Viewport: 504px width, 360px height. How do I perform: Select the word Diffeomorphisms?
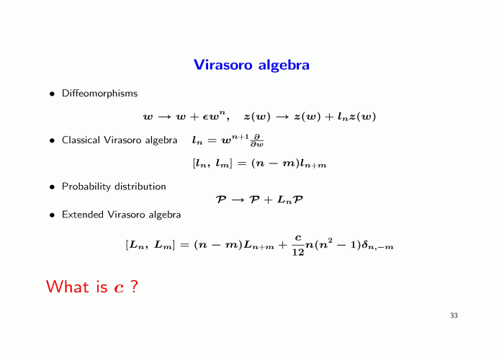[99, 93]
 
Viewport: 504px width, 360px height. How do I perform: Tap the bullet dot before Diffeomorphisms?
[52, 94]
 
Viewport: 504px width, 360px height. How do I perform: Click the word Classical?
[81, 140]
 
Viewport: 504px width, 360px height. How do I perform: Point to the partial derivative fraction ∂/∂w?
[257, 141]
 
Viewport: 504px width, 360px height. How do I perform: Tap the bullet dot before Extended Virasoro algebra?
[52, 215]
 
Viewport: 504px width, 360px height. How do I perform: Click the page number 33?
[454, 315]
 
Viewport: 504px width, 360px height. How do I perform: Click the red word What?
[68, 286]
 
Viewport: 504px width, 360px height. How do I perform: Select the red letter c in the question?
[119, 288]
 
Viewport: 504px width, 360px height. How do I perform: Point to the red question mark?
[135, 286]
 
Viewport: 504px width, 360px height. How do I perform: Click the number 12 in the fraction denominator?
[298, 252]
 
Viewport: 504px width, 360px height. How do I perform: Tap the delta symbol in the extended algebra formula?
[364, 245]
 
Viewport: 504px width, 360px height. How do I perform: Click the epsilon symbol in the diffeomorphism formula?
[205, 117]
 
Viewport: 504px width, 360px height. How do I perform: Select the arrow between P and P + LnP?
[238, 200]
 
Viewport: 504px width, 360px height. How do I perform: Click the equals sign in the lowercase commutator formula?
[242, 164]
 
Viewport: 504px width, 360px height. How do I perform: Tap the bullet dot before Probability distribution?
[52, 187]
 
